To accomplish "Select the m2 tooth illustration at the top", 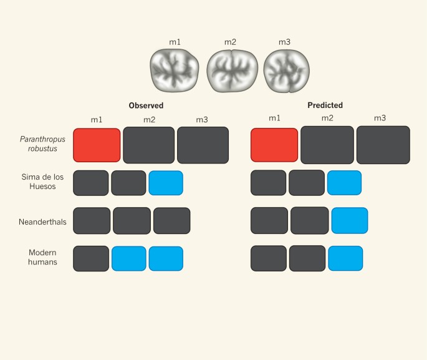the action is (230, 71).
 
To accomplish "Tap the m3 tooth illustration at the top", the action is (286, 71).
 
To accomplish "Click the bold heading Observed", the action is (146, 105).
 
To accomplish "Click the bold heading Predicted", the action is (325, 105).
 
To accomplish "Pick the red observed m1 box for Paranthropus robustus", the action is (97, 145).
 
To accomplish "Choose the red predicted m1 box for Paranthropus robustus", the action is (274, 145).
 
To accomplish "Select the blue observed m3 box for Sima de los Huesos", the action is (166, 183).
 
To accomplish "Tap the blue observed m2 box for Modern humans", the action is (129, 258).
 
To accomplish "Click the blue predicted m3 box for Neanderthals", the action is (350, 221).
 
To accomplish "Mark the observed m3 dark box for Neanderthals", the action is (171, 221).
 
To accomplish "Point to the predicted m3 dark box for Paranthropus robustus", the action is (383, 145).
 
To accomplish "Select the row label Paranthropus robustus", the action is (42, 145).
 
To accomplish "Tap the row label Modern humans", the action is (43, 258).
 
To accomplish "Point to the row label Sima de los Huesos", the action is (42, 182).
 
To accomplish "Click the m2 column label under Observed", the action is (149, 119).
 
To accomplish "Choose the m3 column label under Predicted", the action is (380, 119).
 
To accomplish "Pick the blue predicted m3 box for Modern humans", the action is (345, 258).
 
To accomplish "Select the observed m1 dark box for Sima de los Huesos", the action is (90, 183).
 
